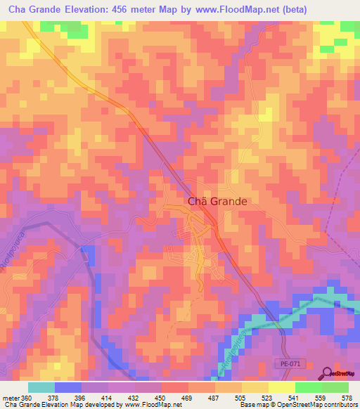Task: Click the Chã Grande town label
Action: tap(217, 201)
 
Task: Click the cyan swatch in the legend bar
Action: tap(41, 387)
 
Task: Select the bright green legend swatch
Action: tap(335, 387)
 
